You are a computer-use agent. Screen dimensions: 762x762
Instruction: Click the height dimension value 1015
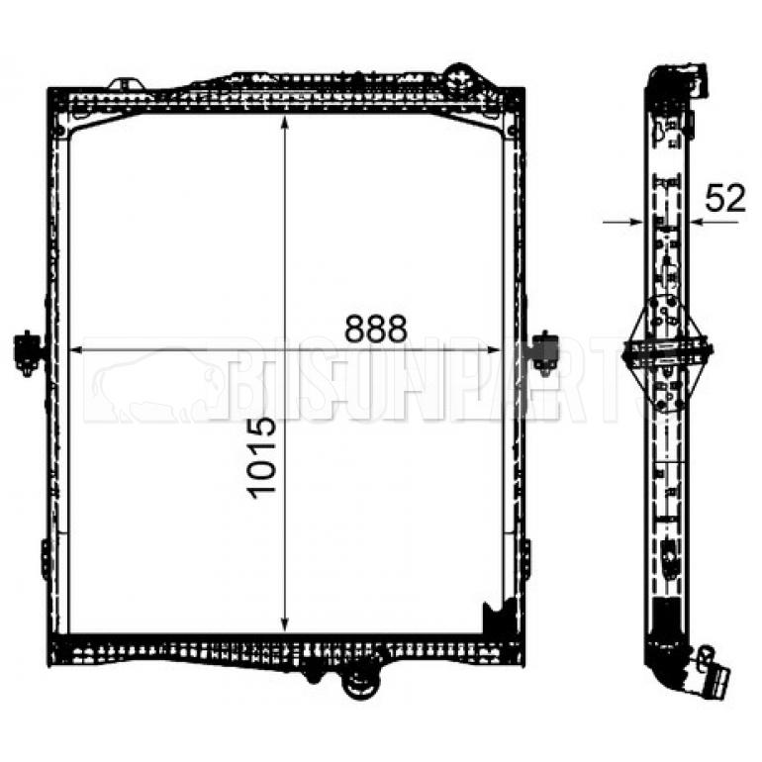pos(260,456)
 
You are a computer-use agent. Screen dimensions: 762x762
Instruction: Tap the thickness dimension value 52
pos(724,199)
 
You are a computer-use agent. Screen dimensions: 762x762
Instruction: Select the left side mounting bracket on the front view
pos(29,352)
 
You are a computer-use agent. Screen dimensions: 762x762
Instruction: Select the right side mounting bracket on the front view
pos(543,350)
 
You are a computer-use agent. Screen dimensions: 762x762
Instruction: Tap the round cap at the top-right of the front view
pos(458,75)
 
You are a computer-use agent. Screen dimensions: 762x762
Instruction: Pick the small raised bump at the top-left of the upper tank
pos(126,83)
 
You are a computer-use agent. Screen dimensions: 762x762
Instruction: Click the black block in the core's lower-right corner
pos(492,618)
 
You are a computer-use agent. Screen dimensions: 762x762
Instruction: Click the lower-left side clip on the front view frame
pos(46,558)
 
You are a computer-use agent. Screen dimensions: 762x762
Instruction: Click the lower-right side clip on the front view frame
pos(525,558)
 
